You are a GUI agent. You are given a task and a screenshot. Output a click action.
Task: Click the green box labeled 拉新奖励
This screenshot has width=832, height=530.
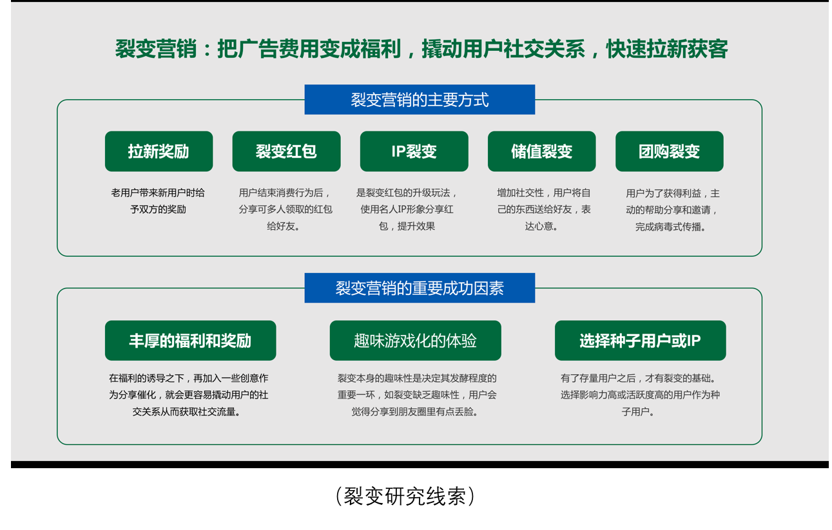[x=159, y=151]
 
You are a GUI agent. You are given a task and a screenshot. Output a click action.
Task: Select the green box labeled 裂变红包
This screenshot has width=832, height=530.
[x=286, y=151]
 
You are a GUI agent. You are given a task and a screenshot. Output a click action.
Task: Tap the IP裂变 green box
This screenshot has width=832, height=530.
[x=414, y=151]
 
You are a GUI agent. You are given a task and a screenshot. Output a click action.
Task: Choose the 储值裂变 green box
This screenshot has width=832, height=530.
[x=541, y=151]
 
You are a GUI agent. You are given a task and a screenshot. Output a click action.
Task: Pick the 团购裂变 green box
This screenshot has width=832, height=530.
[x=669, y=151]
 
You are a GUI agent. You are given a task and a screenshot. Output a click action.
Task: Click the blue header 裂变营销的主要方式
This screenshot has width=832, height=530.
[x=420, y=100]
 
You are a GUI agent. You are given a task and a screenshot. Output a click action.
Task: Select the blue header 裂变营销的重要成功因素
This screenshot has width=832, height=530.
[x=420, y=288]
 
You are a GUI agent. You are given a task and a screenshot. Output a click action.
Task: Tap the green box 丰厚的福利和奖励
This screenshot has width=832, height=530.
[x=190, y=341]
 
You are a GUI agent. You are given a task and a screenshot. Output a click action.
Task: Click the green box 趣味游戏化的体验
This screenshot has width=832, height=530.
[x=415, y=341]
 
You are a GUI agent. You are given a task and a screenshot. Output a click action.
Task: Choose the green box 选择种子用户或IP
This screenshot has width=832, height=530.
[x=640, y=341]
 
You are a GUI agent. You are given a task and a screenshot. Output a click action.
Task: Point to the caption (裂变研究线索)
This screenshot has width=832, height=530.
[x=406, y=497]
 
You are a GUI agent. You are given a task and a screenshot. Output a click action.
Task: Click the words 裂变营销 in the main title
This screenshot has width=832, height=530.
[x=155, y=50]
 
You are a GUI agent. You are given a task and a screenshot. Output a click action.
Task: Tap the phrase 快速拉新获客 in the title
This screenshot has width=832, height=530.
[x=667, y=50]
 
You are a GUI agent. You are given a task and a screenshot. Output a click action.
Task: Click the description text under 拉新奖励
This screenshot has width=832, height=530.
[x=158, y=201]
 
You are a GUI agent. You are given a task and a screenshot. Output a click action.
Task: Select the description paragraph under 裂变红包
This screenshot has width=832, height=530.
[x=285, y=209]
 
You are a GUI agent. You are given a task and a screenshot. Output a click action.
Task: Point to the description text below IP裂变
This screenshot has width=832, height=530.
[x=407, y=209]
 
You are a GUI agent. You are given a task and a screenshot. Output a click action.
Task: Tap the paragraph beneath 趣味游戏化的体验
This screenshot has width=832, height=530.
[x=417, y=395]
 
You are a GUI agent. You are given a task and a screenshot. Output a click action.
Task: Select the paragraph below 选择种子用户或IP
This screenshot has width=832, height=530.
[x=639, y=395]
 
